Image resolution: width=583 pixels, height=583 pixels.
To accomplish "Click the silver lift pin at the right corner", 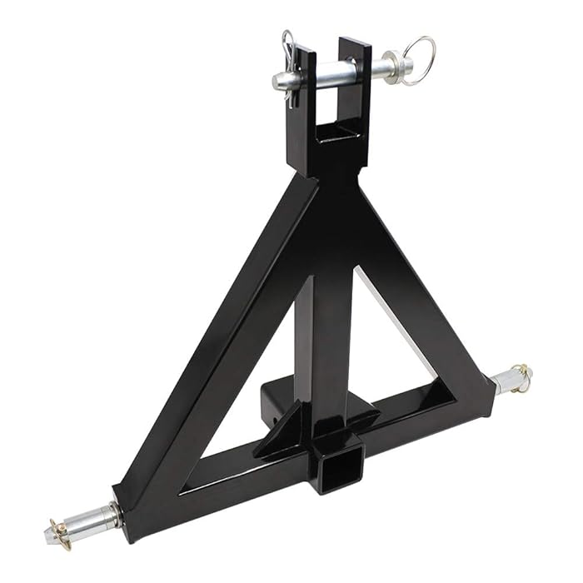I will (508, 381).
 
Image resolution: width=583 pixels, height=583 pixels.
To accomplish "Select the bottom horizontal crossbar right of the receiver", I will (416, 421).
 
